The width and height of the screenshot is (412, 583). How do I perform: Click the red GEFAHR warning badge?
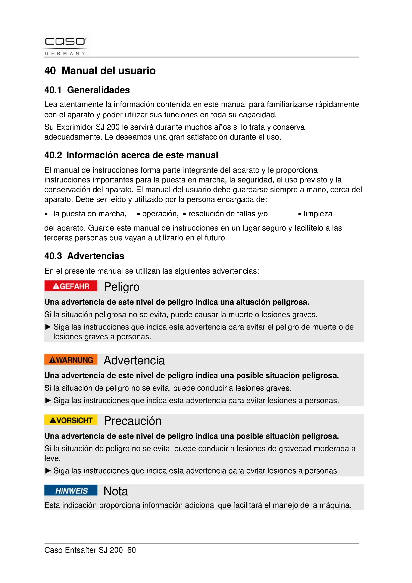(71, 286)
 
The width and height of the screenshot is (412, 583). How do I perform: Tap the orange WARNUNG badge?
(71, 360)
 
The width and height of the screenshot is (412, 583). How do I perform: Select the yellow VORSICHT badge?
(71, 420)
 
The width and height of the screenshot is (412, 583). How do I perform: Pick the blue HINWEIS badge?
(71, 490)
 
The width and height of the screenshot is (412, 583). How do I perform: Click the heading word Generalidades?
(98, 90)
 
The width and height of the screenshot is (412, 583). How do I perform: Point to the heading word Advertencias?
(96, 256)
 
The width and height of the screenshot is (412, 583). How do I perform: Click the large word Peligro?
(122, 287)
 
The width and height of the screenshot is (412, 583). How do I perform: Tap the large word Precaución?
(133, 421)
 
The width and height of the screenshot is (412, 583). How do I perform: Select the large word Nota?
(116, 491)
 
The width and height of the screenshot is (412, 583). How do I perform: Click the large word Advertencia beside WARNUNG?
(134, 360)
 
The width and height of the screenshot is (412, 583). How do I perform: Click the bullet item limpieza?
(318, 214)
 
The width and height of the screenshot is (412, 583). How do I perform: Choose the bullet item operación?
(160, 214)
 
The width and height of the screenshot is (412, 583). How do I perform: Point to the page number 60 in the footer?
(132, 550)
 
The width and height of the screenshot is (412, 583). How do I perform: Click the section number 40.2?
(53, 155)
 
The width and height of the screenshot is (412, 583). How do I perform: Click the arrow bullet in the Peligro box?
(48, 327)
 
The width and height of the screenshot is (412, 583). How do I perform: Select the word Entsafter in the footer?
(81, 550)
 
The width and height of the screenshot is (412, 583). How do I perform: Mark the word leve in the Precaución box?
(52, 458)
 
